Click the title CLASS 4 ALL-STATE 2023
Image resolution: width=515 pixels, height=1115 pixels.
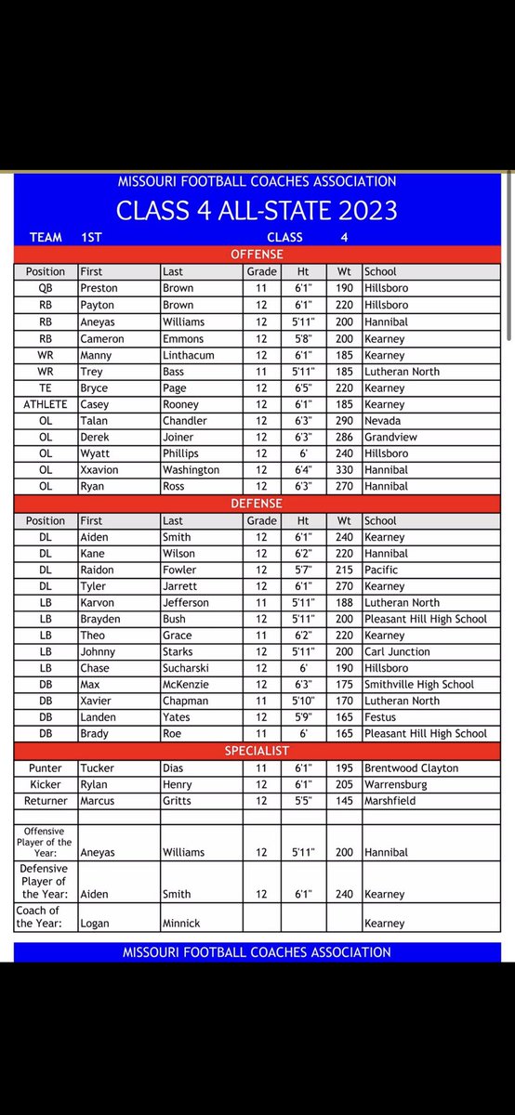click(x=257, y=211)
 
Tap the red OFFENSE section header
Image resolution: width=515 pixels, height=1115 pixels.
click(x=257, y=254)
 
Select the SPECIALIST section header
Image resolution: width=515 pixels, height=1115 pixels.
click(x=257, y=750)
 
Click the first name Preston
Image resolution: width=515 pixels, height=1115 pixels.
click(x=100, y=288)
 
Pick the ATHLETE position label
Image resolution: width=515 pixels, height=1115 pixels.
click(x=46, y=404)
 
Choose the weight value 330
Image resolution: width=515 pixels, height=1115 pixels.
click(x=345, y=470)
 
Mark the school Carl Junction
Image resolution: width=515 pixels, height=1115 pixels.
click(x=397, y=651)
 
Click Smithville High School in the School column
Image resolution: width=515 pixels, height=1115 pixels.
click(x=419, y=684)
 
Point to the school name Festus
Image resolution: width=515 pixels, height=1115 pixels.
click(x=381, y=717)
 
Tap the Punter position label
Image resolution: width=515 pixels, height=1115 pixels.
click(x=46, y=768)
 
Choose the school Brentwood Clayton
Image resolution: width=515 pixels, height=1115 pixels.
click(x=412, y=768)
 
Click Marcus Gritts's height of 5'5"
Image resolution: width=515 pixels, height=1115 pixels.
click(x=303, y=801)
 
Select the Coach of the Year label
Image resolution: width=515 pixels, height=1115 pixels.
click(x=38, y=917)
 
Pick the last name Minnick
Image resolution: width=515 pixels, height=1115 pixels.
click(x=184, y=924)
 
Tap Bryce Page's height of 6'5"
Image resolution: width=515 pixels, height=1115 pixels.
click(x=303, y=387)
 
